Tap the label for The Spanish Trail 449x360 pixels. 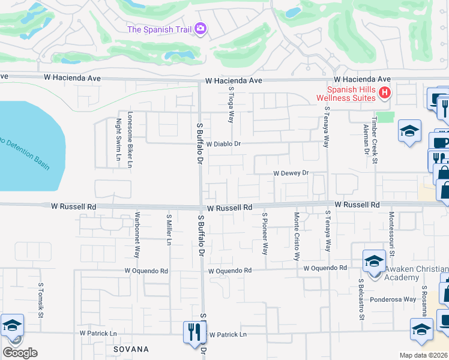(160, 29)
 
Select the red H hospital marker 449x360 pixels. (385, 93)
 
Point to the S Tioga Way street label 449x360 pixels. (231, 104)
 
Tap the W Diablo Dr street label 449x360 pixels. (223, 144)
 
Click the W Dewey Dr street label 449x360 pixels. (291, 173)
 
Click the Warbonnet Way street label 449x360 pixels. (137, 235)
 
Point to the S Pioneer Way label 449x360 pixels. (264, 233)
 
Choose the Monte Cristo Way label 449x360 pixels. (297, 236)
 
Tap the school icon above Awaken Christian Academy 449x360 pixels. (373, 261)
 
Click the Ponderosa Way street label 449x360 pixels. (393, 299)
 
